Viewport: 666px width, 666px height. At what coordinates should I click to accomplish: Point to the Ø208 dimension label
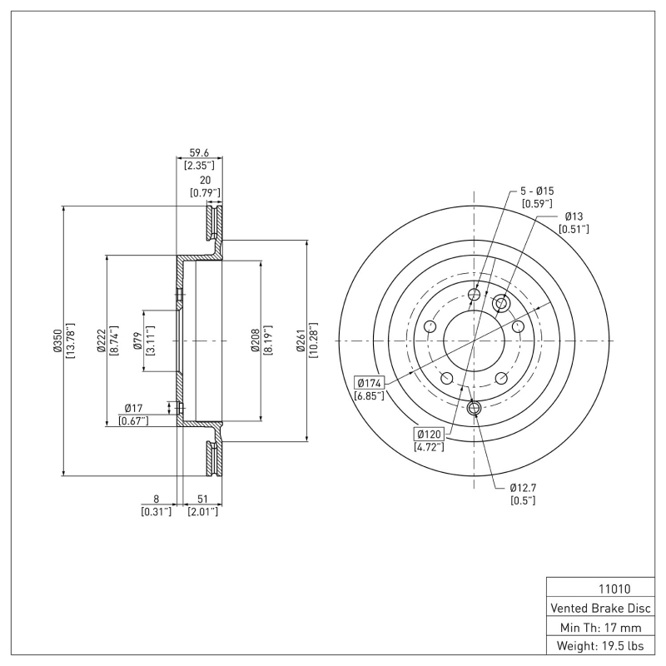click(x=256, y=340)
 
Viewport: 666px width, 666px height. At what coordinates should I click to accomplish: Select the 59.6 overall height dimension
click(x=200, y=152)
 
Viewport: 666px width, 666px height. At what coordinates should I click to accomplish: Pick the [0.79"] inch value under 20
click(x=205, y=193)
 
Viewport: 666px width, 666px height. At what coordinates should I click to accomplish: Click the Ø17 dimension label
click(x=135, y=408)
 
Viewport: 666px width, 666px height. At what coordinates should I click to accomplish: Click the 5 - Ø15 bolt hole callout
click(x=537, y=191)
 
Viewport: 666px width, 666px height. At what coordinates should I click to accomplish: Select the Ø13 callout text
click(x=574, y=216)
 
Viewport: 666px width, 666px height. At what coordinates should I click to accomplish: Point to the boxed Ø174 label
click(x=370, y=383)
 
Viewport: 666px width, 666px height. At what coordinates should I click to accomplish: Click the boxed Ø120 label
click(x=429, y=434)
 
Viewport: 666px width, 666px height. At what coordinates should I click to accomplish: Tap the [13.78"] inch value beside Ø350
click(x=70, y=340)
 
